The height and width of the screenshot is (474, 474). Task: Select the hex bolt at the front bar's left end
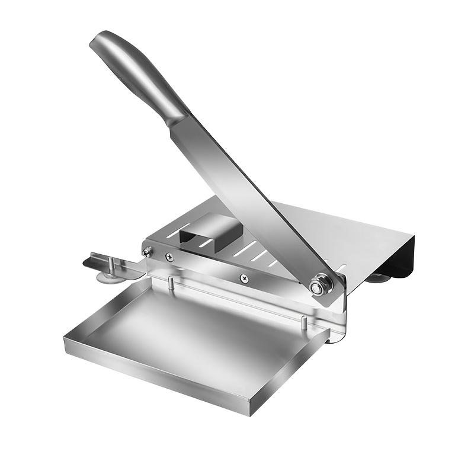[x=147, y=252]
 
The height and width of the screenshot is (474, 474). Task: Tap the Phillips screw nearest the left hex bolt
[x=169, y=257]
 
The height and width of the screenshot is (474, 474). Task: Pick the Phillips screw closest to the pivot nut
[x=243, y=277]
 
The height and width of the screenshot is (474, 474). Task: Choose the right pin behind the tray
[x=305, y=324]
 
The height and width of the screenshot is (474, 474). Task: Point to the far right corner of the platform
[x=418, y=233]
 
